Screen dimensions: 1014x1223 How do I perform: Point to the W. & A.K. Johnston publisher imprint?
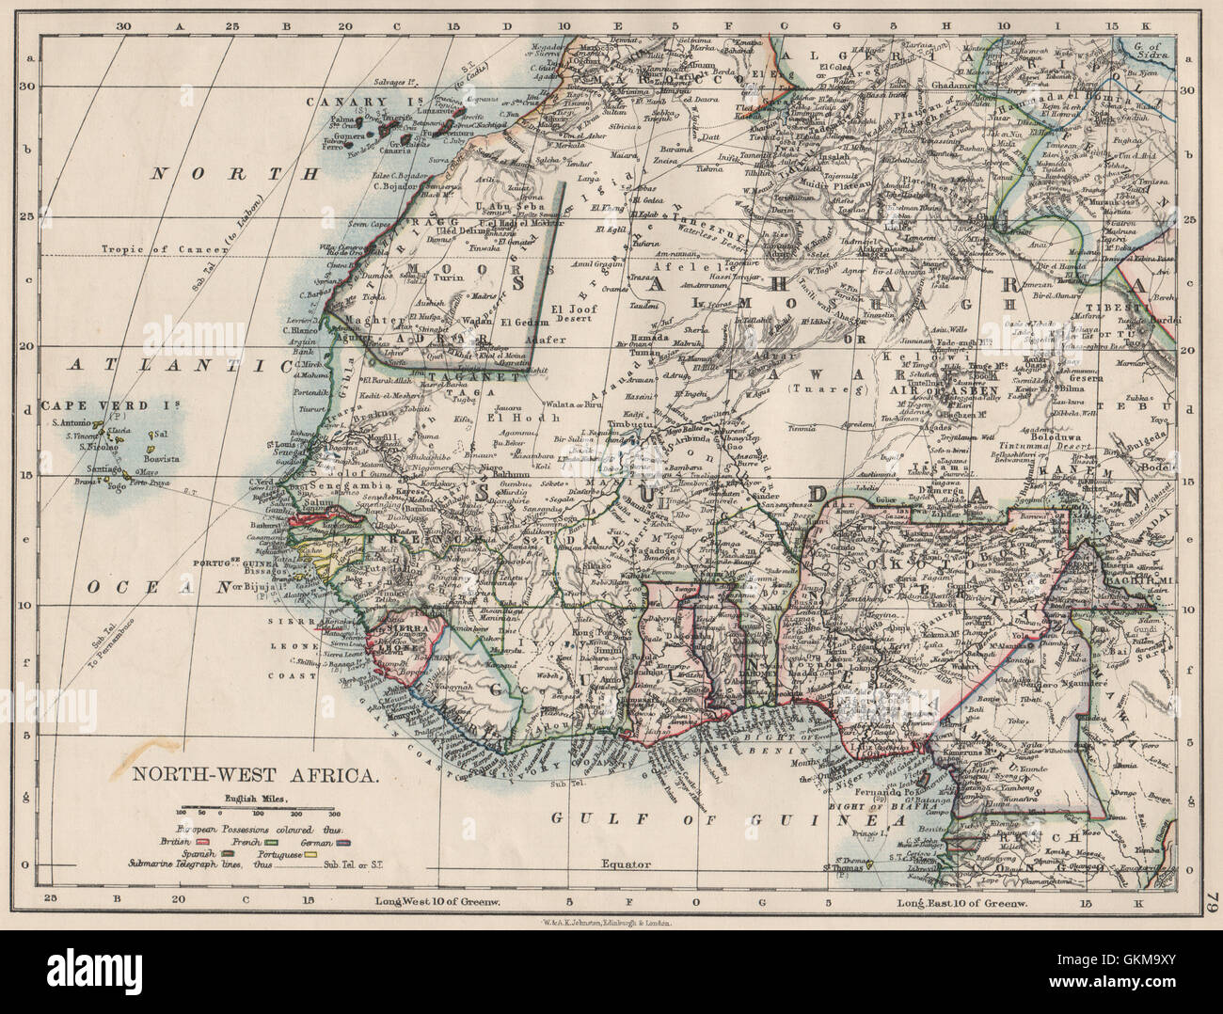611,925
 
